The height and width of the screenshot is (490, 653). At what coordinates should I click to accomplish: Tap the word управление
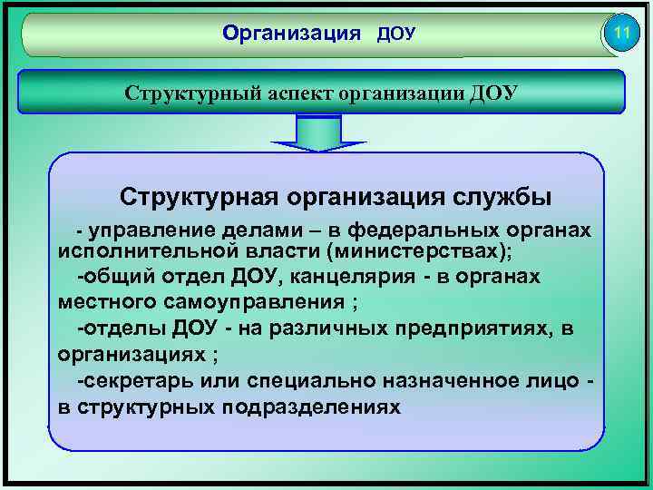[x=151, y=230]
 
